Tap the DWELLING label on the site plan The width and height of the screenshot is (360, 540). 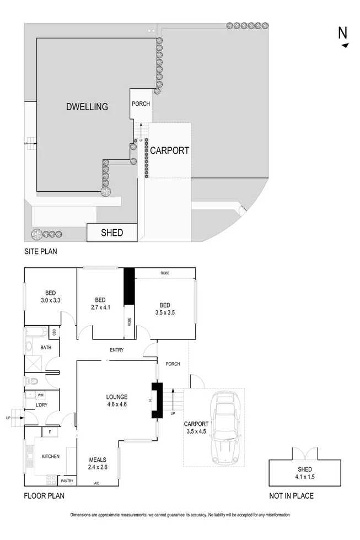pyautogui.click(x=87, y=107)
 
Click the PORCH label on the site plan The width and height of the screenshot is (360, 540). pyautogui.click(x=141, y=104)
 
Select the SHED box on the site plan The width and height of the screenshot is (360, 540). pyautogui.click(x=112, y=233)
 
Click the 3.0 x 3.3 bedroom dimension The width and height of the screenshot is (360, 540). pyautogui.click(x=50, y=300)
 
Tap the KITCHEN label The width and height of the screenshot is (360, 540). pyautogui.click(x=50, y=456)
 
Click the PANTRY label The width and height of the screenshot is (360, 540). pyautogui.click(x=68, y=481)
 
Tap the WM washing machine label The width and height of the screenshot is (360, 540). pyautogui.click(x=41, y=395)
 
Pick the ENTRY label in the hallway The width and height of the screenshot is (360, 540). pyautogui.click(x=116, y=350)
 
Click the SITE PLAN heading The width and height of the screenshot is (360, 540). pyautogui.click(x=40, y=251)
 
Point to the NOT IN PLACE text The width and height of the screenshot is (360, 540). pyautogui.click(x=291, y=496)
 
